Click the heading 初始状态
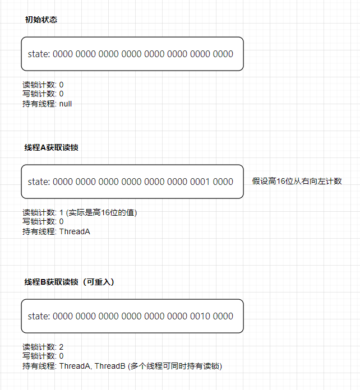point(41,20)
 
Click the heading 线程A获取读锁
point(51,147)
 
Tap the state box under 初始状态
point(132,54)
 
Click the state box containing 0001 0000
point(132,182)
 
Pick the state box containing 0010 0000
point(132,316)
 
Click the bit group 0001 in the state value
point(199,182)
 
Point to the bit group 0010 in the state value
point(199,316)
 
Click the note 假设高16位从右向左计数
point(297,181)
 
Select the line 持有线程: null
point(47,104)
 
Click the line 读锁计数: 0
point(43,85)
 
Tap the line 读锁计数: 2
point(43,347)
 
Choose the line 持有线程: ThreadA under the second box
point(56,231)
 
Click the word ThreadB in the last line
point(110,366)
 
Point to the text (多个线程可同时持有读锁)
point(175,366)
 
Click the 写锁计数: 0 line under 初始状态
point(43,94)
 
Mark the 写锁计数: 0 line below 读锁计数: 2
point(43,356)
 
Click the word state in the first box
point(38,54)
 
